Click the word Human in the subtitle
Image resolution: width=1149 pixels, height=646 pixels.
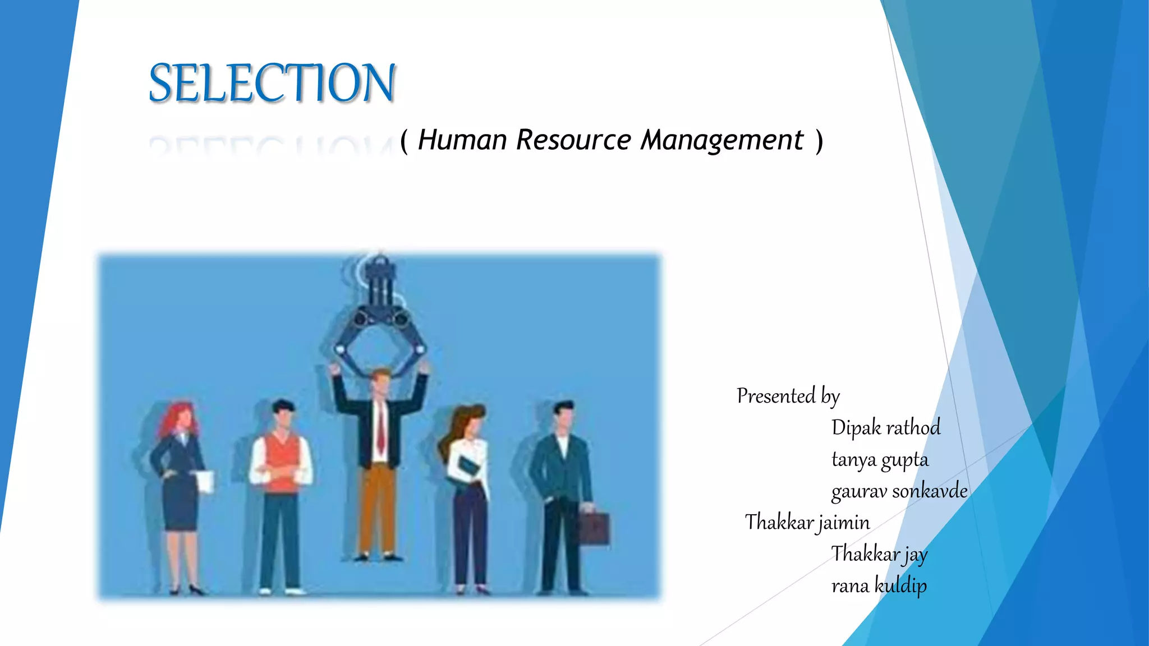click(462, 140)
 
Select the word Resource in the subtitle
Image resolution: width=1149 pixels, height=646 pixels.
click(573, 140)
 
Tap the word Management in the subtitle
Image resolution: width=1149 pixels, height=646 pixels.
click(722, 140)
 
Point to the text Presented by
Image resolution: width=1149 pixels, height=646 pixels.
click(788, 396)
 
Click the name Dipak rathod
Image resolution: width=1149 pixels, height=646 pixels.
click(885, 428)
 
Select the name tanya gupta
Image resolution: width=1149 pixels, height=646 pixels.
click(879, 460)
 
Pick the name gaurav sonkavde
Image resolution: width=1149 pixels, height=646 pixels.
click(899, 491)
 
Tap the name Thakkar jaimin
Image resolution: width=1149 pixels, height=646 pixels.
click(807, 523)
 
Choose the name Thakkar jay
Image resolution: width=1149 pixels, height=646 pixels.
click(879, 554)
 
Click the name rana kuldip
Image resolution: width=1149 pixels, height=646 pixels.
click(879, 586)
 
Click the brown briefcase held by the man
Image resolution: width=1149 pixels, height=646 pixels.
click(594, 528)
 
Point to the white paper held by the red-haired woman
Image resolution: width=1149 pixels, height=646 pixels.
click(206, 482)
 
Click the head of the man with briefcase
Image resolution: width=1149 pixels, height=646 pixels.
click(563, 416)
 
